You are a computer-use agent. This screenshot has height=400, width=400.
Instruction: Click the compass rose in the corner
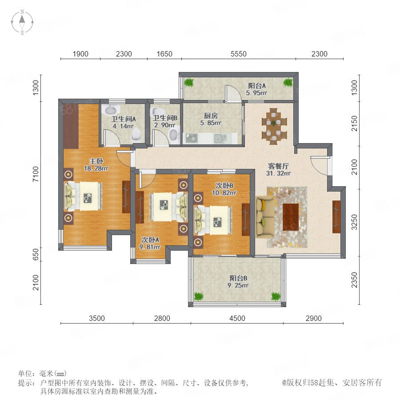coord(22,22)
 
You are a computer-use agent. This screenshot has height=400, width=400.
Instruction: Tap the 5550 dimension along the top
coord(239,54)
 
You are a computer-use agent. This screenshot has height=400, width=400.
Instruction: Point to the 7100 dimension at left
coord(36,174)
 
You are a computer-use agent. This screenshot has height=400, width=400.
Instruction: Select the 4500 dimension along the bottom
coord(237,318)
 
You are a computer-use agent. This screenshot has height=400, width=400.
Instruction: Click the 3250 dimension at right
coord(355,222)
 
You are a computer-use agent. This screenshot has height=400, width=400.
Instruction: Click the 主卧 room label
coord(96,161)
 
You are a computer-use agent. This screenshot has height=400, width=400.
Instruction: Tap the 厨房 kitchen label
coord(211,116)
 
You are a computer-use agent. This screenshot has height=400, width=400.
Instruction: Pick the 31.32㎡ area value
coord(278,173)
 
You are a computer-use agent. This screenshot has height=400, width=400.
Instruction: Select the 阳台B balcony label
coord(238,278)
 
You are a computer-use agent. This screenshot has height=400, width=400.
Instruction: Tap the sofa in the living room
coord(265,217)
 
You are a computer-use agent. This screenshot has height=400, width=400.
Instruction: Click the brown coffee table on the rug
coord(291,217)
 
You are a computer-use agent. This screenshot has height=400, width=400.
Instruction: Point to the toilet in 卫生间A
coord(136,134)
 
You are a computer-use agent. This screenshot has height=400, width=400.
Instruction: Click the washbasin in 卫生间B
coord(174,135)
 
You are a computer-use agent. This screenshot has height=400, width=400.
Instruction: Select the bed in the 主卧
coord(84,196)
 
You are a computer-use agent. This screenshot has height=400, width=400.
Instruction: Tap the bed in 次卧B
coord(214,220)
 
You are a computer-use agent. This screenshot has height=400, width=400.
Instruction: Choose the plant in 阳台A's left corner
coord(189,82)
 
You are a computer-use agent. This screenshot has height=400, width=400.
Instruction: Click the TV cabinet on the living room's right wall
coord(336,217)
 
